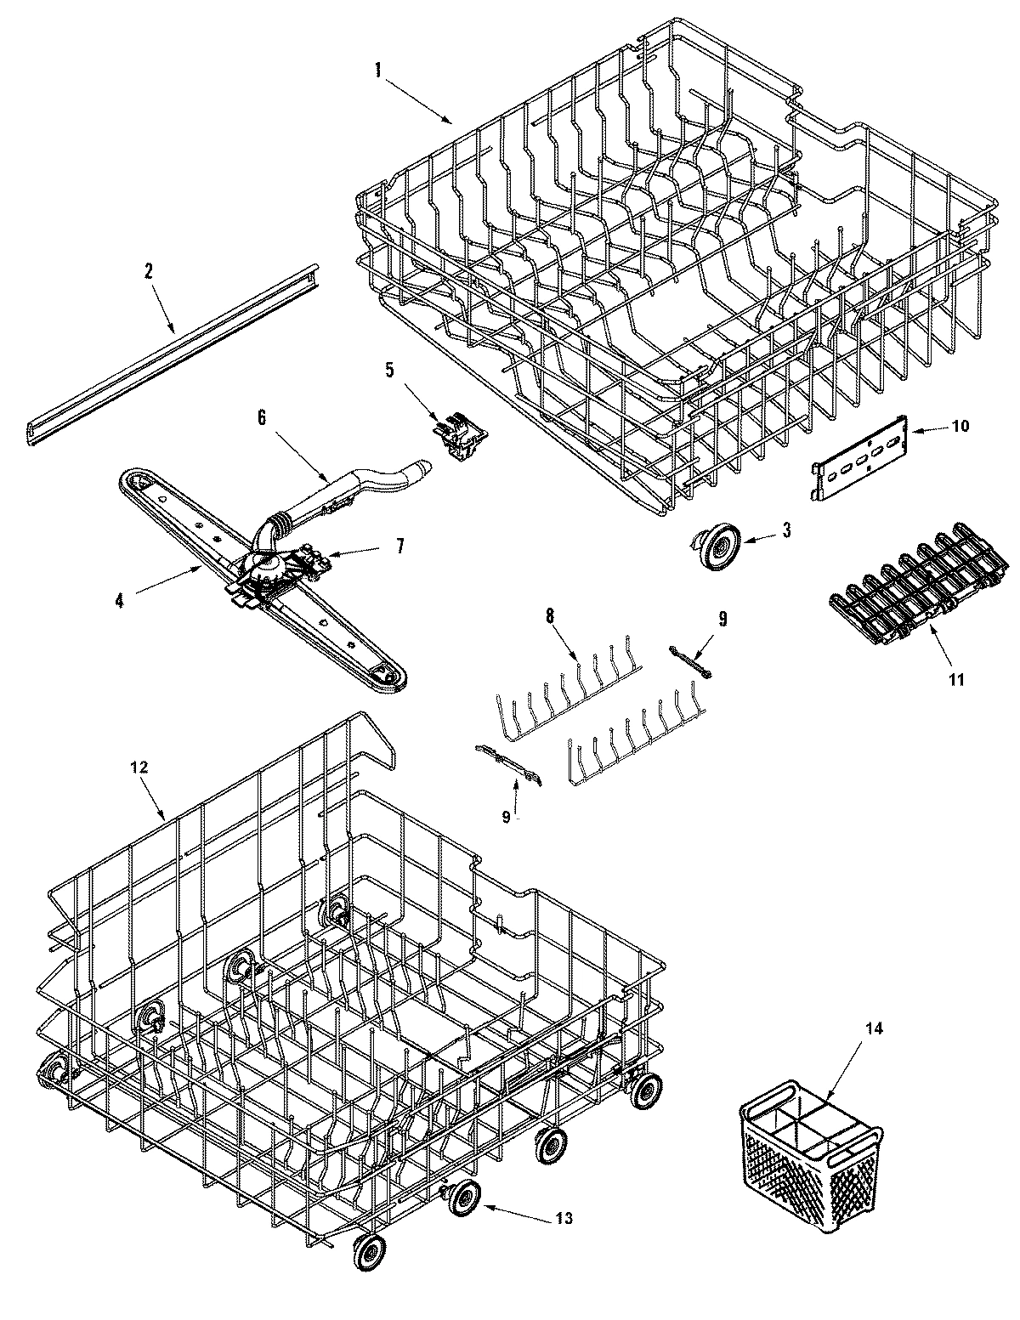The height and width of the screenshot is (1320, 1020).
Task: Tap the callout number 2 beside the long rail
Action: [x=148, y=272]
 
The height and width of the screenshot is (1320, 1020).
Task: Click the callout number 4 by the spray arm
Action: [x=120, y=600]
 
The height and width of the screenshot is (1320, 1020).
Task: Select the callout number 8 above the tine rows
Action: [x=550, y=617]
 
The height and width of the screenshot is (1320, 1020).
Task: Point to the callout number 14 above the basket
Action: [x=875, y=1029]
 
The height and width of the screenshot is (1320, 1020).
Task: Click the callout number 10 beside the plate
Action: [x=959, y=427]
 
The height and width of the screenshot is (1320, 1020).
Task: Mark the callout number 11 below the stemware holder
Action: [x=955, y=679]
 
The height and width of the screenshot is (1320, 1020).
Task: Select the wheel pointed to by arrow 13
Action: [x=465, y=1198]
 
